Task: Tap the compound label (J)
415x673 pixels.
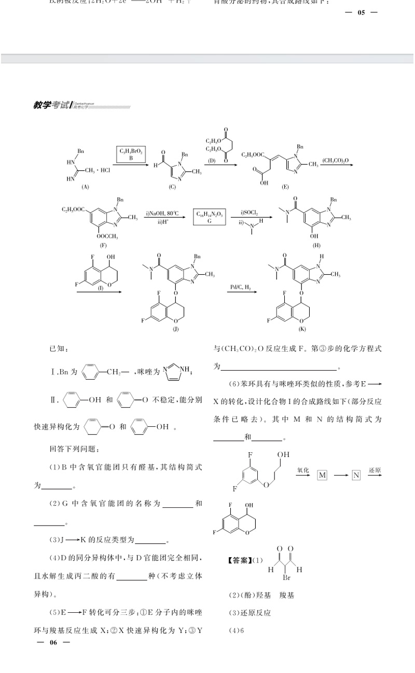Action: (176, 329)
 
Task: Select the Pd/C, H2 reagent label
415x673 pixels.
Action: (241, 287)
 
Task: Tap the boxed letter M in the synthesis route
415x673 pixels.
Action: (322, 475)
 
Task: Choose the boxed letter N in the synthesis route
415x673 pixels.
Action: (356, 475)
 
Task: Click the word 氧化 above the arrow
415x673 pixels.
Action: (303, 470)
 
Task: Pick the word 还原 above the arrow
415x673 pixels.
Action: (375, 470)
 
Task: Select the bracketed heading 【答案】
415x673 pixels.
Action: (241, 560)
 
